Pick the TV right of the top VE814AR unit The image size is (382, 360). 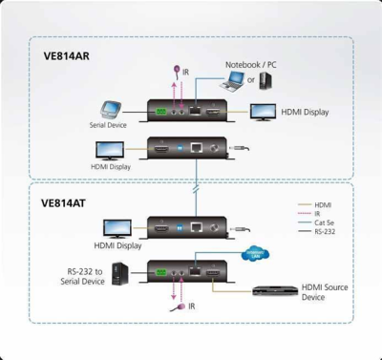coord(264,112)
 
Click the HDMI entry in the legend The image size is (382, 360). coord(321,204)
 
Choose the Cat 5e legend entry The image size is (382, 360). coord(323,222)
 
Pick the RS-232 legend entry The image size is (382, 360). coord(323,231)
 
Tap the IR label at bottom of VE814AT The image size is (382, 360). coord(191,307)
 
